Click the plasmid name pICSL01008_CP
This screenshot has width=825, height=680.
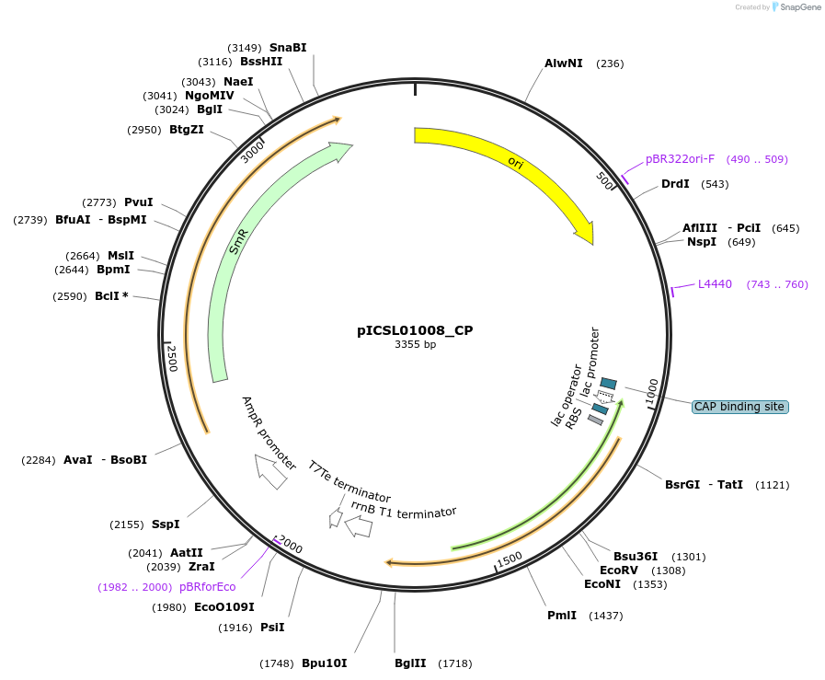[x=415, y=329]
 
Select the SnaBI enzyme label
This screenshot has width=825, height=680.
[x=288, y=47]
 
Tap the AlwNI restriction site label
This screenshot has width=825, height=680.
[x=563, y=63]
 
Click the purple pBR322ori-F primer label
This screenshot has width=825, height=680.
[x=680, y=159]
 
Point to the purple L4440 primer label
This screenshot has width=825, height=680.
[x=715, y=284]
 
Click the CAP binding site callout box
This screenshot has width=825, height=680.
[x=739, y=407]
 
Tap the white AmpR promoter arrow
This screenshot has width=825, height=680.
[x=270, y=471]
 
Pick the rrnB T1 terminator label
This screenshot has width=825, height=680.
[x=404, y=512]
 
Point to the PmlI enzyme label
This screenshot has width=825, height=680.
[x=561, y=615]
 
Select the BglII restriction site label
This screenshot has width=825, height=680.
[x=410, y=663]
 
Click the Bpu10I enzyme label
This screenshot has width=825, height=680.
[x=324, y=663]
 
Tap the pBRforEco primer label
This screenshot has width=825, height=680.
[x=207, y=587]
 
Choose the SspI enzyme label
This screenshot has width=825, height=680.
[x=166, y=524]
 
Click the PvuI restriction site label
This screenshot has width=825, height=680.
[x=138, y=202]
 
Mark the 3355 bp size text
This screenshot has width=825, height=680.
[x=415, y=345]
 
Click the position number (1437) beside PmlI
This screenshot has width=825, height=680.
[x=606, y=615]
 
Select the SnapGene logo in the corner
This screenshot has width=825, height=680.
[x=796, y=7]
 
